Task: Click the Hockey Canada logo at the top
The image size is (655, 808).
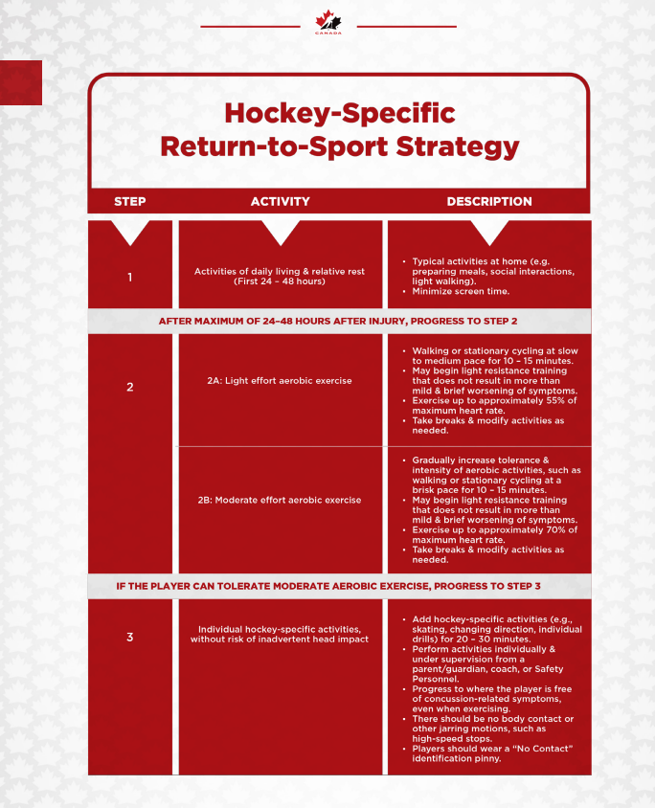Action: tap(327, 23)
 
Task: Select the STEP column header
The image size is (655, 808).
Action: tap(130, 202)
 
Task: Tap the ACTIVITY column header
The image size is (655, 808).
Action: tap(281, 202)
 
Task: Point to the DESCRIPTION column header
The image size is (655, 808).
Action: tap(489, 202)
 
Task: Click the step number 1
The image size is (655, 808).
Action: tap(130, 278)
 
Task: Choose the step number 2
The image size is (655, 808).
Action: tap(130, 388)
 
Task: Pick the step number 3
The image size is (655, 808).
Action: tap(130, 637)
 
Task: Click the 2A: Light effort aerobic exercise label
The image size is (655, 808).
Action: tap(280, 381)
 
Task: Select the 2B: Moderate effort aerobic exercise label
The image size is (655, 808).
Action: tap(280, 500)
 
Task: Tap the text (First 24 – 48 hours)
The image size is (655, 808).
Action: tap(280, 281)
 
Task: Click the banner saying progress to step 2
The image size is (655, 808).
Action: tap(339, 321)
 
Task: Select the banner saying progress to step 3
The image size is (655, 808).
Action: tap(339, 586)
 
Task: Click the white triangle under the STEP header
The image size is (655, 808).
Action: tap(130, 233)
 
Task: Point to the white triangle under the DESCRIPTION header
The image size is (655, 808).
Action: tap(489, 233)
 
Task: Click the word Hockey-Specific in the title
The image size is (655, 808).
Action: tap(339, 113)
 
